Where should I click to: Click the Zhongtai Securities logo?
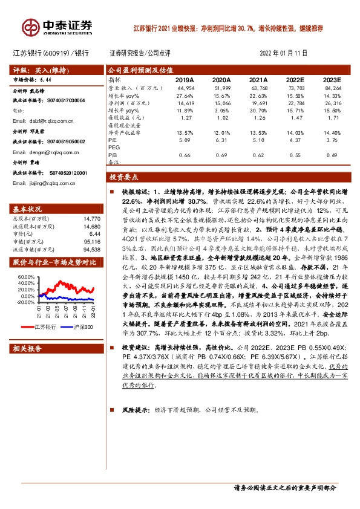point(58,27)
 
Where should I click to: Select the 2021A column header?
point(258,80)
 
